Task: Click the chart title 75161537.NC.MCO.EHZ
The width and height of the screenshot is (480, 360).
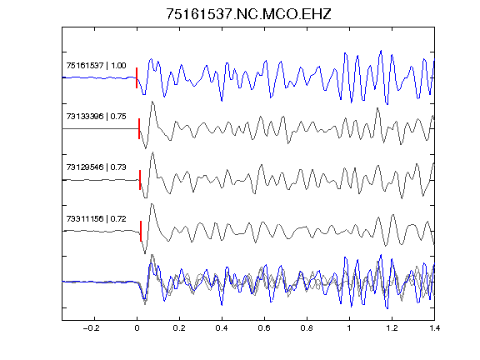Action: (x=248, y=14)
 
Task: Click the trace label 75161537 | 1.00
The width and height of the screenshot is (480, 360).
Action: (x=96, y=66)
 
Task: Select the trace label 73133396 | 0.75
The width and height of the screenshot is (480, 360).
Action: (x=96, y=117)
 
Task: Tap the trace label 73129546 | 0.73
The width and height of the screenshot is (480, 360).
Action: (x=96, y=167)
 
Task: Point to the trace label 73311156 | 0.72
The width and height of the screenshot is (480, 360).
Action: (x=96, y=218)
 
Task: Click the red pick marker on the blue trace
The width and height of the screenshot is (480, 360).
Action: (x=137, y=77)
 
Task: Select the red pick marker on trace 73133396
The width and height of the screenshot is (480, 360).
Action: (x=139, y=129)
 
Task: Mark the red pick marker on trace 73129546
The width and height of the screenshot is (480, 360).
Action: (x=140, y=180)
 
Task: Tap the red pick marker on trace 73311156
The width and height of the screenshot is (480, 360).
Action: (x=141, y=231)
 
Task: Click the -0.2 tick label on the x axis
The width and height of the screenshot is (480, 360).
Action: (x=91, y=328)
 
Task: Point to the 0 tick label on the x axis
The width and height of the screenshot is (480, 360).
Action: (x=137, y=328)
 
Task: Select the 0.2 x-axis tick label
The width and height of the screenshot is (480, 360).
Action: (x=179, y=328)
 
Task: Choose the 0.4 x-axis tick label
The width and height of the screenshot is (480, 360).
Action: (x=222, y=328)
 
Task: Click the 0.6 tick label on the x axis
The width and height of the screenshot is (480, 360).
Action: (x=264, y=328)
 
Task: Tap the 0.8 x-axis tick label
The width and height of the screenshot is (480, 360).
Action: (x=307, y=328)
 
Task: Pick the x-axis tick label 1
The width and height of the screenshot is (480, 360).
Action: (x=349, y=328)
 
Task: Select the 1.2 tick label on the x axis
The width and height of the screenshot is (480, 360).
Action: (x=392, y=328)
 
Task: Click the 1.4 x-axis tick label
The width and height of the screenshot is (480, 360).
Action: (x=434, y=328)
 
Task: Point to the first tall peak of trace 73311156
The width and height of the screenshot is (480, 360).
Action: (x=152, y=204)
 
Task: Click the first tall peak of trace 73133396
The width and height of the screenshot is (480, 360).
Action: (x=152, y=102)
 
